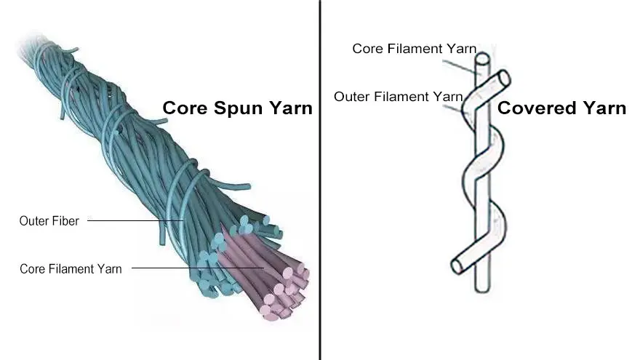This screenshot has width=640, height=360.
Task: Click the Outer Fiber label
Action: coord(49,220)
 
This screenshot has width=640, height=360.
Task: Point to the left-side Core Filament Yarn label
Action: coord(71,268)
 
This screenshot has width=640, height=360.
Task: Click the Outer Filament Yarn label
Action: coord(398,96)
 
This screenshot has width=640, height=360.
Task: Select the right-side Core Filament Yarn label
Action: coord(414,49)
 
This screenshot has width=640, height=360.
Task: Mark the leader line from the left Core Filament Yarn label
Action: coord(196,268)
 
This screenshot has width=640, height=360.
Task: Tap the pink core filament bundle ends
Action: coord(280,291)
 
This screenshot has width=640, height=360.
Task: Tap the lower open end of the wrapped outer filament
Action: coord(456,266)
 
